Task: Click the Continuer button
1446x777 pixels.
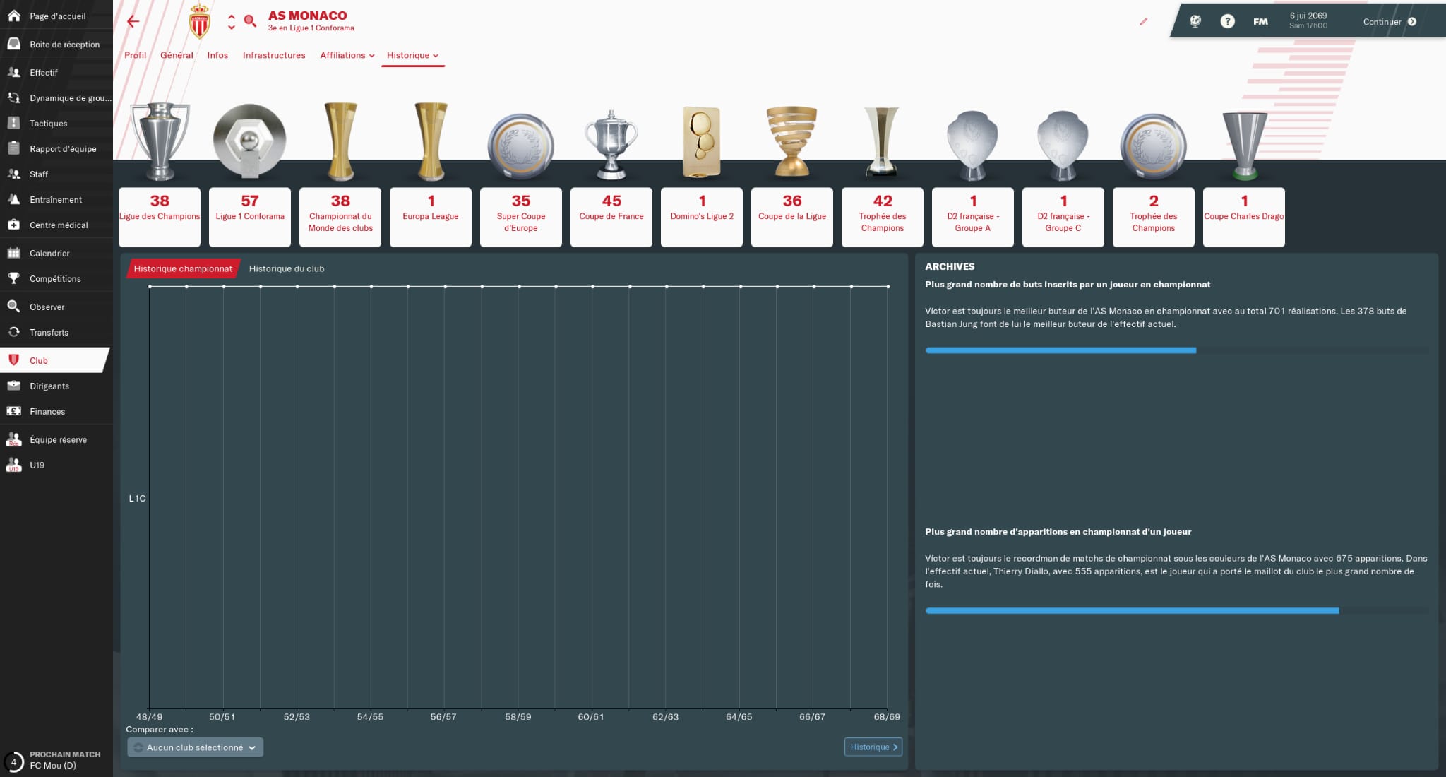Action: click(1389, 22)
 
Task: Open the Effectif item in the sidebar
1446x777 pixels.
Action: click(43, 73)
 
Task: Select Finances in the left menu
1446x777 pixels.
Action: click(47, 412)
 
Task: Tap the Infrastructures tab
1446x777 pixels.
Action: click(274, 55)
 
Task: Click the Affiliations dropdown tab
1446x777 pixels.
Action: click(347, 55)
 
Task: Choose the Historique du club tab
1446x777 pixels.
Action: click(287, 269)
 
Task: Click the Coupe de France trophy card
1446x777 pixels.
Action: click(611, 216)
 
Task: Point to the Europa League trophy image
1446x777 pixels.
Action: click(431, 141)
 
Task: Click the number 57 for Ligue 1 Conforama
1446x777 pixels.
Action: click(250, 201)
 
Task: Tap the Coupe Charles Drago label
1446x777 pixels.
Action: click(1244, 216)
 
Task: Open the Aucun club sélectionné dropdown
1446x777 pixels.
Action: click(196, 747)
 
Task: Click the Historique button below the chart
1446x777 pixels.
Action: click(873, 747)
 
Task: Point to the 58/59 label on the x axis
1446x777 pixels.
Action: click(518, 717)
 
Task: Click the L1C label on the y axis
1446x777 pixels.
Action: click(137, 499)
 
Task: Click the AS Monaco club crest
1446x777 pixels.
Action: click(200, 21)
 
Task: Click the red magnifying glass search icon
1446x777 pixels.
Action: click(250, 21)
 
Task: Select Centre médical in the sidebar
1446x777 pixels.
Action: click(58, 225)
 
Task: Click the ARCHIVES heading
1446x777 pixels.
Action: click(950, 267)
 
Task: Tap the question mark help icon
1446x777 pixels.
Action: click(1228, 22)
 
